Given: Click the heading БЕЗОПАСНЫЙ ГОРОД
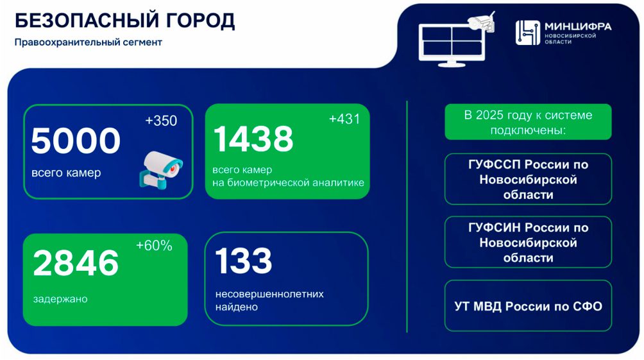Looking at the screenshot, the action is pyautogui.click(x=125, y=21).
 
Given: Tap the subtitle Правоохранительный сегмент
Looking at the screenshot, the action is pyautogui.click(x=89, y=42).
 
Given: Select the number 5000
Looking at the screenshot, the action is pyautogui.click(x=76, y=141).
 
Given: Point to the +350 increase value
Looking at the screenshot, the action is pyautogui.click(x=161, y=121).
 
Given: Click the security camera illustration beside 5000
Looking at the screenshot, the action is pyautogui.click(x=161, y=169).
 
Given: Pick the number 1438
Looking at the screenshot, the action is pyautogui.click(x=253, y=139).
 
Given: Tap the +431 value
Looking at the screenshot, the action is pyautogui.click(x=344, y=119).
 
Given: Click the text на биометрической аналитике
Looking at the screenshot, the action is pyautogui.click(x=288, y=182).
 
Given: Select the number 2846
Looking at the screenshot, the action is pyautogui.click(x=76, y=263).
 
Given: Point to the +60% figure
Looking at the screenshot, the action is pyautogui.click(x=154, y=245).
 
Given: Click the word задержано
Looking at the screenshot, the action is pyautogui.click(x=60, y=299).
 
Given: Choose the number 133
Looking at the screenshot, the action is pyautogui.click(x=244, y=261).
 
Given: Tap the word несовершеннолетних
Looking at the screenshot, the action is pyautogui.click(x=269, y=295).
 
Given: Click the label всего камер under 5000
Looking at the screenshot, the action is pyautogui.click(x=66, y=173).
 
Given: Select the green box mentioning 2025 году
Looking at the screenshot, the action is pyautogui.click(x=528, y=122).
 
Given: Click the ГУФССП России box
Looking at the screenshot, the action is pyautogui.click(x=528, y=179).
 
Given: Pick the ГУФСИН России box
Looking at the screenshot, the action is pyautogui.click(x=528, y=243).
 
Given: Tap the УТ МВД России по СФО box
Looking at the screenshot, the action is pyautogui.click(x=528, y=305).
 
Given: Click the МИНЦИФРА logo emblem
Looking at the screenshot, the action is pyautogui.click(x=528, y=33).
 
